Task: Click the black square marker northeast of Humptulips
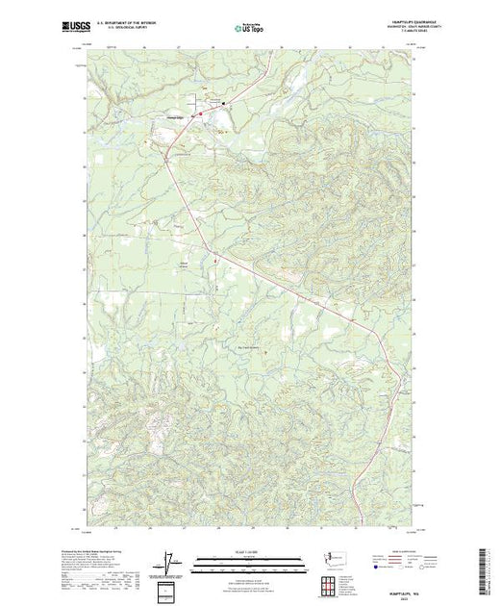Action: point(224,104)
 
